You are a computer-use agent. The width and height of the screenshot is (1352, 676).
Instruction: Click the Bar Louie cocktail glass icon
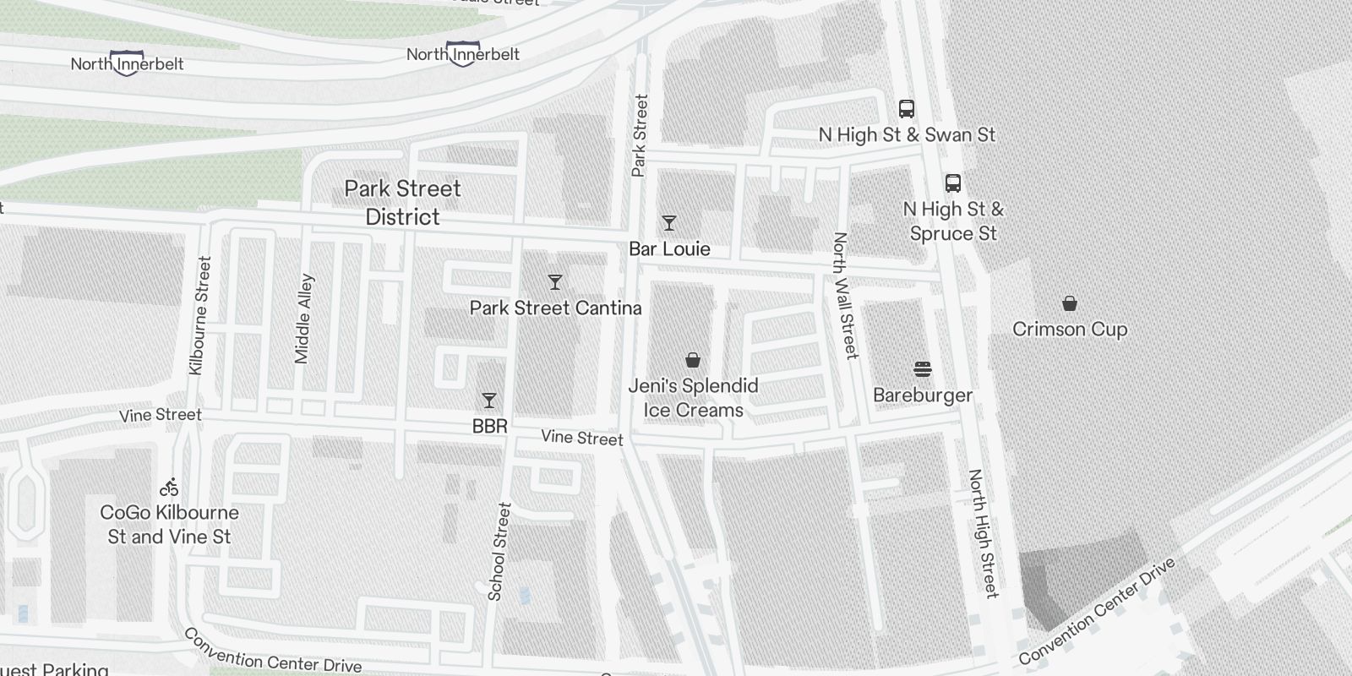click(x=669, y=223)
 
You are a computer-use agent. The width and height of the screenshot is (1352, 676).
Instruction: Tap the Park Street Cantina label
click(x=555, y=308)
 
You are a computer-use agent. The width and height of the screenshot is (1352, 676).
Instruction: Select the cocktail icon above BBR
click(x=488, y=400)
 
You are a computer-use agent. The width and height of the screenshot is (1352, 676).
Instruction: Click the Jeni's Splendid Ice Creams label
click(x=693, y=398)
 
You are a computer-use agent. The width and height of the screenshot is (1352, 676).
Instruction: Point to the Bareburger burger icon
click(x=923, y=369)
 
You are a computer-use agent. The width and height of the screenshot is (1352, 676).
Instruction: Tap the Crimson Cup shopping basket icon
click(x=1070, y=303)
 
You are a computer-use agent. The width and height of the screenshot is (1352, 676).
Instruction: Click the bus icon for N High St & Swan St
click(x=907, y=108)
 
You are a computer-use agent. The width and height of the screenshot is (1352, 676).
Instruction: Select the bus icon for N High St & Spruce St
click(x=953, y=183)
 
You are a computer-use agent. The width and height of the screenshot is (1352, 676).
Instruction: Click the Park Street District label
click(x=403, y=203)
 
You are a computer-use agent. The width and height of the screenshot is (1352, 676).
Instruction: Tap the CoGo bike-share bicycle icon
click(x=169, y=487)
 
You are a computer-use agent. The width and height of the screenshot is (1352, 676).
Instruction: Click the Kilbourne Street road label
click(x=200, y=316)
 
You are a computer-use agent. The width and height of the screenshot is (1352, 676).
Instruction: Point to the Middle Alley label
click(x=303, y=319)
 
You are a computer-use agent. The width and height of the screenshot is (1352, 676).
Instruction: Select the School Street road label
click(x=499, y=552)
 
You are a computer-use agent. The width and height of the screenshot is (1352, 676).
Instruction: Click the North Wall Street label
click(x=845, y=296)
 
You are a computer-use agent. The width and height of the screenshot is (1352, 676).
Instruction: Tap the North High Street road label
click(x=984, y=534)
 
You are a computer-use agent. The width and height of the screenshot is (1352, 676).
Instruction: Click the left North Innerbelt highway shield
click(x=126, y=64)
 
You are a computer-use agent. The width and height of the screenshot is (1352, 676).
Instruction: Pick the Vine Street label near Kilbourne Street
click(x=161, y=415)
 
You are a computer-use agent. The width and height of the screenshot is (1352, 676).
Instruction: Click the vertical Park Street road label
click(x=639, y=135)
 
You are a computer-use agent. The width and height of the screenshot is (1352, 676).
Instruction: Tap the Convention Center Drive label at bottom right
click(x=1097, y=612)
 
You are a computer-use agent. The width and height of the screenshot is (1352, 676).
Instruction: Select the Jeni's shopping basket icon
click(x=693, y=360)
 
